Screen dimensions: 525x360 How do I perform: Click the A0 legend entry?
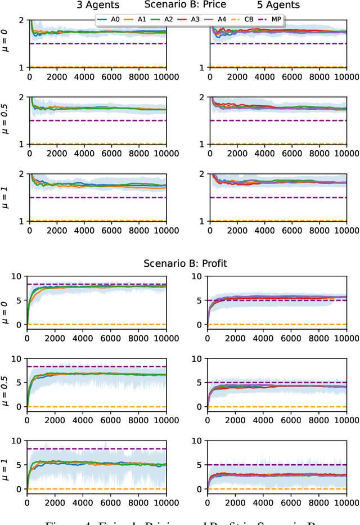coord(110,19)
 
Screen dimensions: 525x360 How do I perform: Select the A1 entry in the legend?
coord(138,19)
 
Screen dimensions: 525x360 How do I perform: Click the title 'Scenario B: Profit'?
coord(184,262)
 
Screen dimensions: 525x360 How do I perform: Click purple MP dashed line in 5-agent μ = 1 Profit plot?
coord(281,465)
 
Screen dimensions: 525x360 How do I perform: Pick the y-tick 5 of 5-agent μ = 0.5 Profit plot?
coord(199,383)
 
